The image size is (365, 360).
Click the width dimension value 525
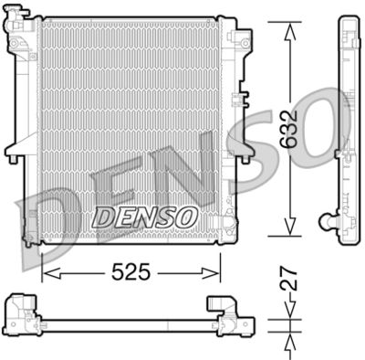pyautogui.click(x=131, y=272)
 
